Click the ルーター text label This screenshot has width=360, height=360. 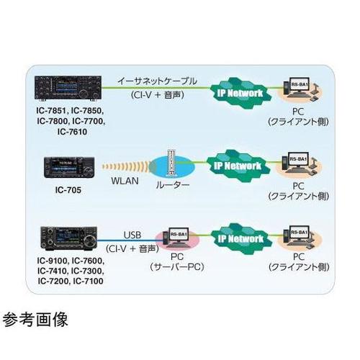172,185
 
